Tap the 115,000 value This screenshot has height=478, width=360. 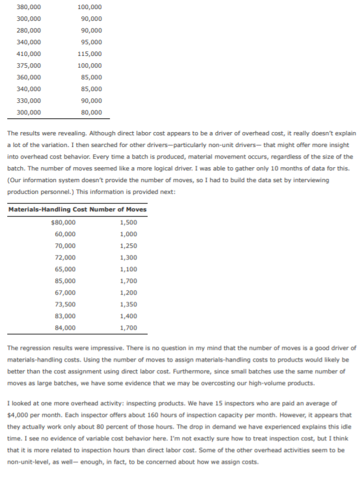coord(89,53)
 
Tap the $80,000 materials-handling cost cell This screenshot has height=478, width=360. coord(62,222)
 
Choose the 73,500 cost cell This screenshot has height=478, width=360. coord(64,304)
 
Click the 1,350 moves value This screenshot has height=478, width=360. coord(129,304)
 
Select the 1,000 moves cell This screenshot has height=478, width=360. coord(129,233)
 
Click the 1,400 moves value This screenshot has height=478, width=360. coord(129,315)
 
